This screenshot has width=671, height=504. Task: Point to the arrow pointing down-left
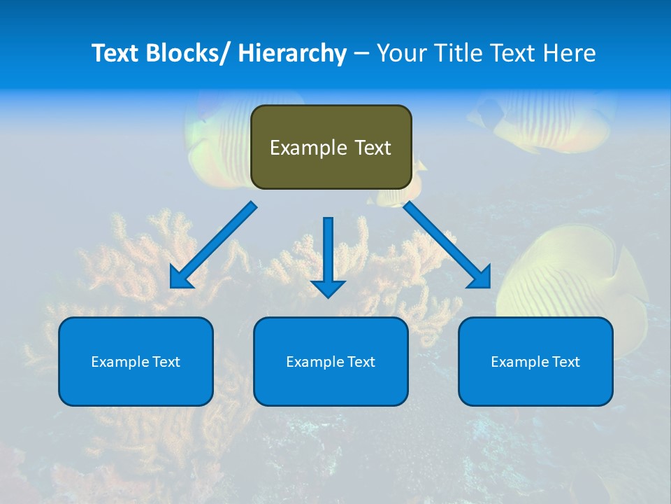tap(214, 245)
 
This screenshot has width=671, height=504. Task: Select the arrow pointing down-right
tap(447, 245)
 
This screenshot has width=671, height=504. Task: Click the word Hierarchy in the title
tap(292, 53)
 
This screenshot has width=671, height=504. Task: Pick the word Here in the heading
tap(571, 53)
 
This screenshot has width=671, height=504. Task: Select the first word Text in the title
tap(117, 53)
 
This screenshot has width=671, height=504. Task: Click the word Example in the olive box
tap(308, 148)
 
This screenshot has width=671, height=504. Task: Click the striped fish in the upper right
tap(545, 115)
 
